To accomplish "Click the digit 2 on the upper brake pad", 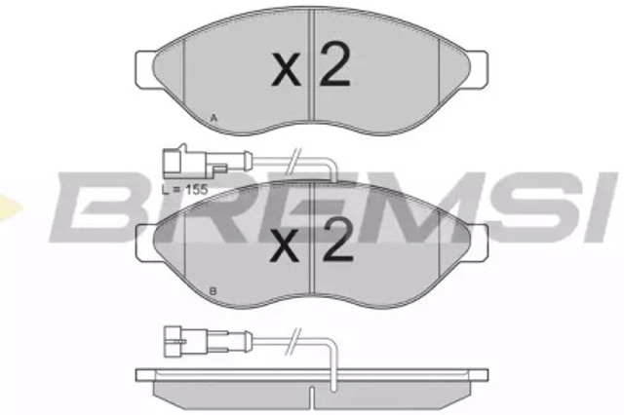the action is tap(335, 63).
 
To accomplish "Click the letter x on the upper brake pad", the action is tap(286, 71).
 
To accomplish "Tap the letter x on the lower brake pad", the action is tap(285, 247).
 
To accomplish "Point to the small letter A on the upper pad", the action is tap(214, 118).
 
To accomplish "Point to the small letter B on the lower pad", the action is tap(213, 291).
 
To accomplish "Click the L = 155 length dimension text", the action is tap(185, 189).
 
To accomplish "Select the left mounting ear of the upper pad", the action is tap(145, 69).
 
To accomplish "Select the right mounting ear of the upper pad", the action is tap(478, 69).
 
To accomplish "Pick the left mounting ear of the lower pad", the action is tap(145, 243).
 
